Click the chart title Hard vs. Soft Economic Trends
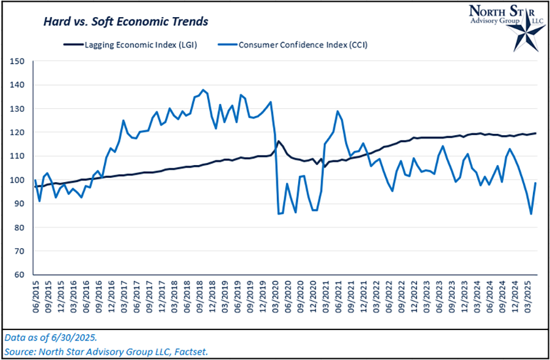125,21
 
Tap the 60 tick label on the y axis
18,274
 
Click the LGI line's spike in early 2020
279,141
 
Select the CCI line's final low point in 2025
531,214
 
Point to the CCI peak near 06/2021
337,111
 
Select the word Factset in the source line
192,351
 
